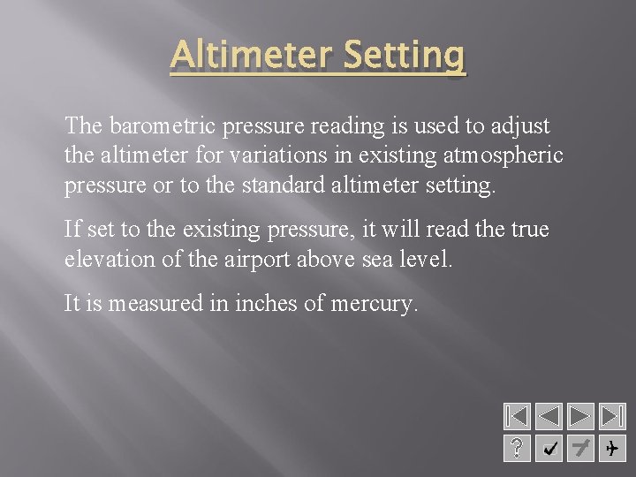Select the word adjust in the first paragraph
pyautogui.click(x=521, y=126)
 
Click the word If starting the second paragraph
pyautogui.click(x=72, y=230)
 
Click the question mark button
pyautogui.click(x=517, y=448)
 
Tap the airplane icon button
pyautogui.click(x=611, y=448)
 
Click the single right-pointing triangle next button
pyautogui.click(x=579, y=416)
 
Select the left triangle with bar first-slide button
pyautogui.click(x=517, y=416)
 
